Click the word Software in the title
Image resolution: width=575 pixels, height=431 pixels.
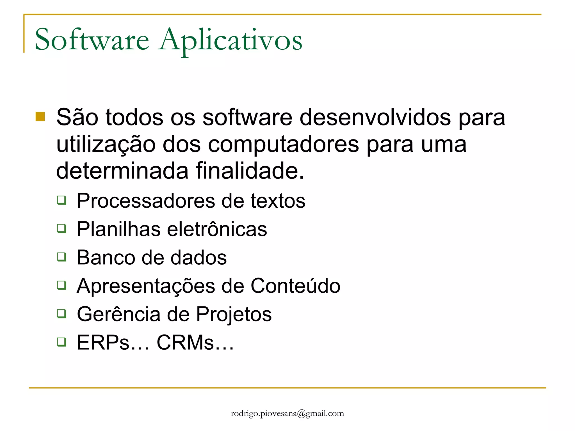(x=92, y=40)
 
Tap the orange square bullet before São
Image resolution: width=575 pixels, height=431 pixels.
(x=40, y=117)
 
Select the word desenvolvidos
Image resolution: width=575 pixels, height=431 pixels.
(x=375, y=117)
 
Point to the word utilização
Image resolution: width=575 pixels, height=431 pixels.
(x=106, y=145)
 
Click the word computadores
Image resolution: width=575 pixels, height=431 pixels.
(x=283, y=145)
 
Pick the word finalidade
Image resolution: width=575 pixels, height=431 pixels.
(x=250, y=171)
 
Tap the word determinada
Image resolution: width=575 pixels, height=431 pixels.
(x=122, y=171)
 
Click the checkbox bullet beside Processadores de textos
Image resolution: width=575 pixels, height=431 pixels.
(x=62, y=200)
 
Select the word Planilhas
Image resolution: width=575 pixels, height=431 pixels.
(x=118, y=229)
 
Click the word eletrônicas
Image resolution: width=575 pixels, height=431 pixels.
(x=217, y=229)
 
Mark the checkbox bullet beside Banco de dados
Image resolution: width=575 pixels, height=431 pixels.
(x=62, y=257)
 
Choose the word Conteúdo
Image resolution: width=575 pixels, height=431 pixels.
(x=295, y=286)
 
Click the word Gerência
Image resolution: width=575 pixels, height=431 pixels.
(x=118, y=314)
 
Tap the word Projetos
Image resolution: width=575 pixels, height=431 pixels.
(x=234, y=315)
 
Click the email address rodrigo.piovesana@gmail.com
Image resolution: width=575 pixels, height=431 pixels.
(x=287, y=414)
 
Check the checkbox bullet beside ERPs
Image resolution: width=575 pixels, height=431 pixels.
(x=62, y=342)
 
